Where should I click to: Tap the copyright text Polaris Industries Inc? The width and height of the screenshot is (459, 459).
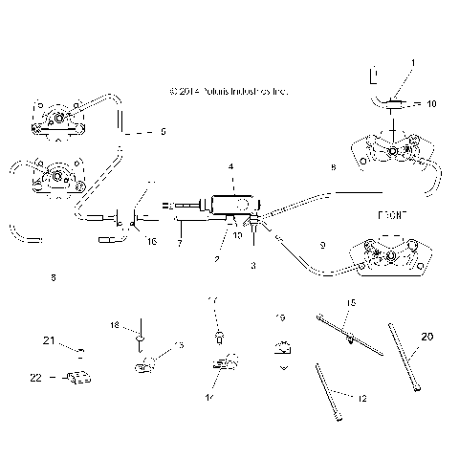[227, 92]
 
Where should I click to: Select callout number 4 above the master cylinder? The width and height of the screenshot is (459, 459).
[230, 167]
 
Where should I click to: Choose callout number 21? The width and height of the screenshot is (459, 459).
[49, 340]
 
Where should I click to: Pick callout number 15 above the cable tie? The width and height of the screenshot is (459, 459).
[350, 303]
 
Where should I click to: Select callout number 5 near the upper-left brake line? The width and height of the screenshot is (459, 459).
[163, 131]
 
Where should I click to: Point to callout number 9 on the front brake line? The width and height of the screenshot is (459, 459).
[321, 246]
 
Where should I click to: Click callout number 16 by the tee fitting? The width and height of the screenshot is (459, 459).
[151, 242]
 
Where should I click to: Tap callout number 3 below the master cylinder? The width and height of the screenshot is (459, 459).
[252, 267]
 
